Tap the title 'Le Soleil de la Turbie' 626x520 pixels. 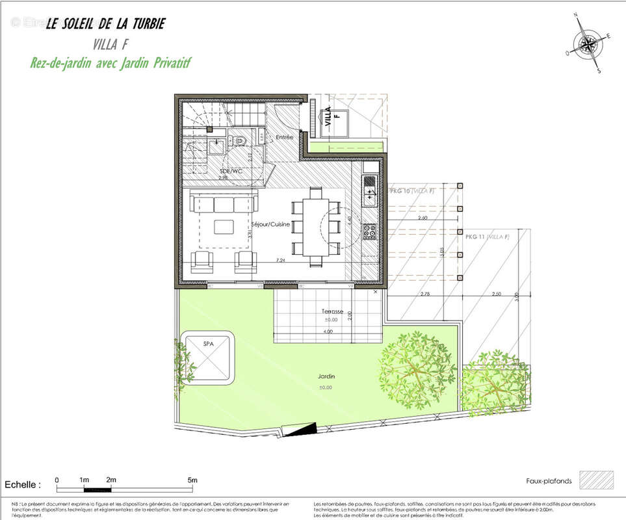tap(105, 24)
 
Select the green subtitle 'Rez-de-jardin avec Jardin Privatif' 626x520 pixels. tap(110, 63)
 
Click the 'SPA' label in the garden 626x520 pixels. tap(209, 343)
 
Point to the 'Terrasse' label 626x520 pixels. tap(332, 311)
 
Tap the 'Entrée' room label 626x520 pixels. tap(285, 137)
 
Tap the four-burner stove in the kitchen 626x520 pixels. tap(369, 230)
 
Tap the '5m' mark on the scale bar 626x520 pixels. tap(192, 480)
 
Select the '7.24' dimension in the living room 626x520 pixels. tap(281, 260)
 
